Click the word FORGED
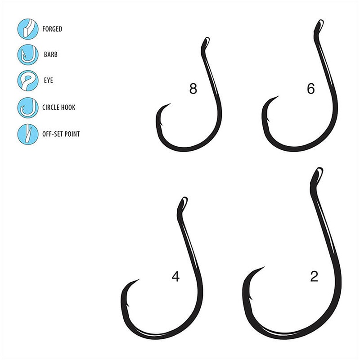(x=52, y=29)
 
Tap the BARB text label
(x=50, y=55)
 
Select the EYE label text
(x=48, y=81)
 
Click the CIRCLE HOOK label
(x=59, y=108)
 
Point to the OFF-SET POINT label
(x=62, y=134)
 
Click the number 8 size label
(x=193, y=89)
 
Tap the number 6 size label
(x=310, y=89)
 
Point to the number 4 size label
(x=175, y=276)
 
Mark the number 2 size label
(x=314, y=276)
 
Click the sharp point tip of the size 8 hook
(x=170, y=104)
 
